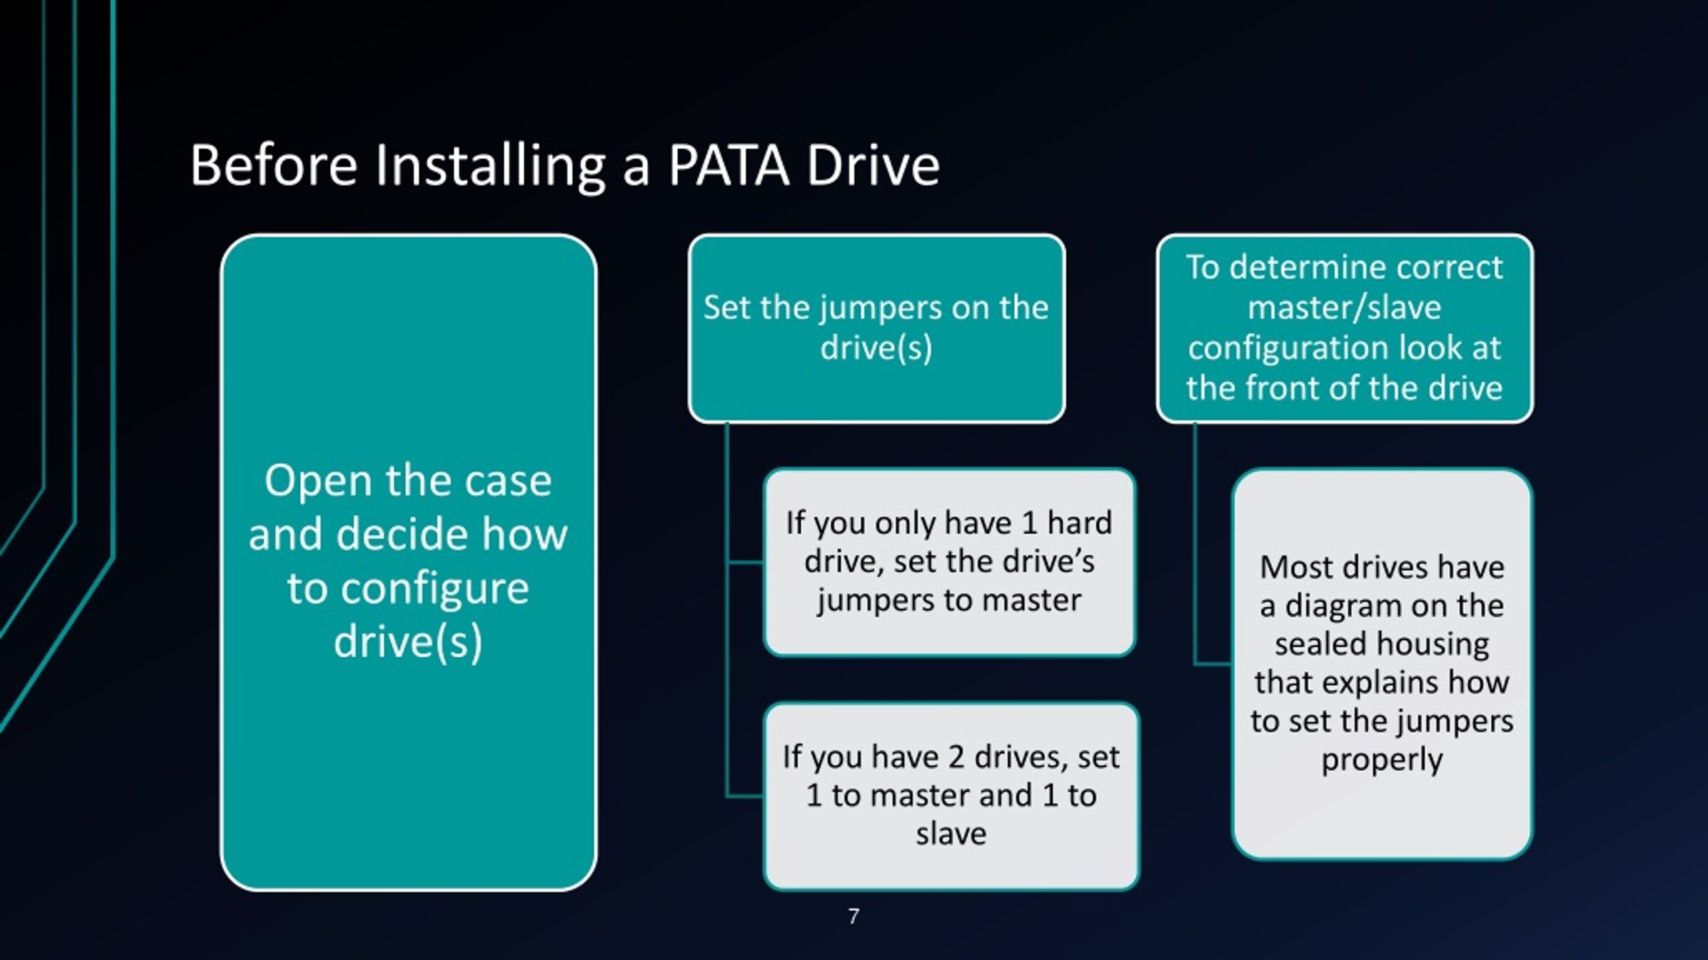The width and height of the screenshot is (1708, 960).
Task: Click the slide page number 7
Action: click(x=854, y=917)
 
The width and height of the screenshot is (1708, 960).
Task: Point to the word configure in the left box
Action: click(x=408, y=589)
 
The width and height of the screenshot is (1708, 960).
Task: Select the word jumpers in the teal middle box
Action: click(x=881, y=309)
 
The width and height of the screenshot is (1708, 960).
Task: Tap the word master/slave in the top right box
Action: click(x=1344, y=308)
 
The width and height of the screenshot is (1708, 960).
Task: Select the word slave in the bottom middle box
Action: click(x=951, y=834)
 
